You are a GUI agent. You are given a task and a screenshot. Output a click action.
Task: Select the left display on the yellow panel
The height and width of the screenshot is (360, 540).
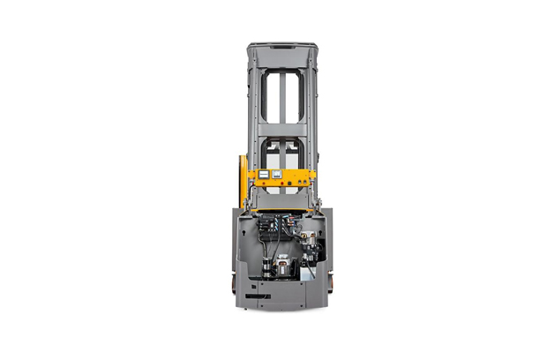265,175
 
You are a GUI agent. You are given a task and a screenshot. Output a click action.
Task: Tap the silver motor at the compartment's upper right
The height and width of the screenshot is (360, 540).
313,236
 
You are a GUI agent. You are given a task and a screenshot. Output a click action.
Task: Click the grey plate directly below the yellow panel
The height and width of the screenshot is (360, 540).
282,200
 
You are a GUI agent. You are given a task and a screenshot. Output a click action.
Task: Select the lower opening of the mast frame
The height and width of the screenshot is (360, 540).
282,155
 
